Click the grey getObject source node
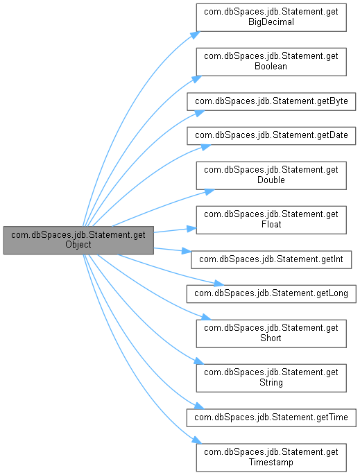click(x=78, y=240)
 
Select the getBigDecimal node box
click(x=271, y=17)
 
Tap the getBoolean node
click(x=271, y=62)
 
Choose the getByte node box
click(x=271, y=101)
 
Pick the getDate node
click(x=271, y=135)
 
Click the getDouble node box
click(x=271, y=175)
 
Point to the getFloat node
click(x=271, y=220)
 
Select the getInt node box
click(x=271, y=259)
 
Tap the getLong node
click(x=271, y=293)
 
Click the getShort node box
click(x=271, y=334)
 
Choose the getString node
click(x=271, y=378)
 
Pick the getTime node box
click(x=271, y=417)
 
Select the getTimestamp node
click(x=271, y=458)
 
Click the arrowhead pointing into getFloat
click(x=191, y=229)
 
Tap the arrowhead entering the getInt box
click(x=187, y=251)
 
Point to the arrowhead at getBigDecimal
click(x=196, y=35)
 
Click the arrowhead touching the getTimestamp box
click(x=197, y=441)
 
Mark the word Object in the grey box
click(x=78, y=245)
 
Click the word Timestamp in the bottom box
click(x=271, y=463)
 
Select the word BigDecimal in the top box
click(x=271, y=22)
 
